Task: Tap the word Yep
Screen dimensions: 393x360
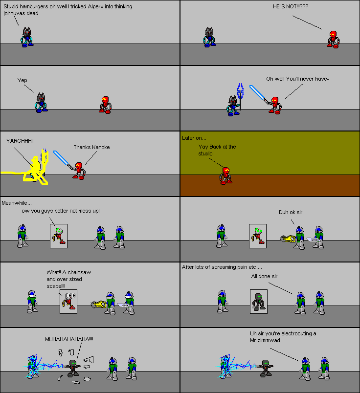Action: (x=22, y=80)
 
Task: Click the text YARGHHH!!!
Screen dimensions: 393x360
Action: (x=21, y=140)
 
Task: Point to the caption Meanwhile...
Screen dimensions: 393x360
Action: (x=16, y=203)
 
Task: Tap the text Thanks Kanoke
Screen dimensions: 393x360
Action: (x=91, y=147)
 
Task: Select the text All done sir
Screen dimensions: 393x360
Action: (x=264, y=276)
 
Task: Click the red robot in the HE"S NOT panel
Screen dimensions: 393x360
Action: (x=333, y=39)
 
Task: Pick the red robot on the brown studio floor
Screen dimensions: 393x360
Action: (x=225, y=175)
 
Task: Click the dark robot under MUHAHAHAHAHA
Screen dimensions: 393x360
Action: (x=72, y=367)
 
